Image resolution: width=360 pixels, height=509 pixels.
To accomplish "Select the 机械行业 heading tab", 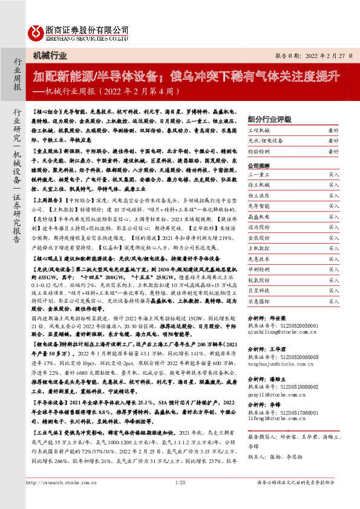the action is tap(50, 56).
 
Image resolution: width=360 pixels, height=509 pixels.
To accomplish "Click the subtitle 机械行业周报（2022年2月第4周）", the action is tap(106, 91).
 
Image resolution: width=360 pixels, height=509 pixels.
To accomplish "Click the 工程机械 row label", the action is tap(261, 130).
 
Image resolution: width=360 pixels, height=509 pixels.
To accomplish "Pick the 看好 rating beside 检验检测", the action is tap(333, 152).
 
